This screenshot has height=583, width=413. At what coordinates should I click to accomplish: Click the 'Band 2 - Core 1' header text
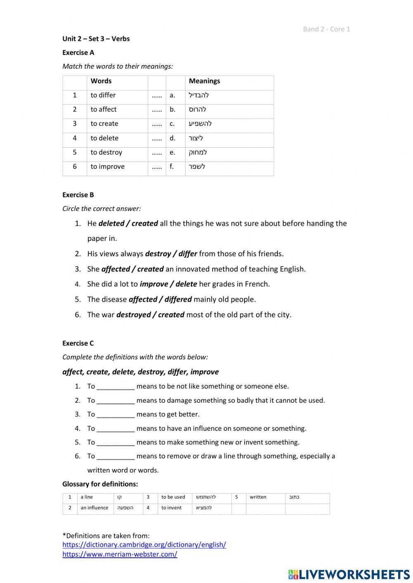[326, 29]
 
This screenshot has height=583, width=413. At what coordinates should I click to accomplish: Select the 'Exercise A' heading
[78, 52]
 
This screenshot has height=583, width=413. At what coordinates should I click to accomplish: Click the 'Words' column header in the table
[101, 81]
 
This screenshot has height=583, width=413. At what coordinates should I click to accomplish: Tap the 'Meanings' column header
[204, 81]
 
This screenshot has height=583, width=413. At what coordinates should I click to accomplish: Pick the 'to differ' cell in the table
[103, 95]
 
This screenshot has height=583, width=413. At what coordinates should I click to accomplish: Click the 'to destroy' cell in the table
[107, 153]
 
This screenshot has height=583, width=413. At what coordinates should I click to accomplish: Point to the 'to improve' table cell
[107, 167]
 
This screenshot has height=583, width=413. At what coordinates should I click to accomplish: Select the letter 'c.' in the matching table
[172, 124]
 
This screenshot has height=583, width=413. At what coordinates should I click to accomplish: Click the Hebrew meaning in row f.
[197, 167]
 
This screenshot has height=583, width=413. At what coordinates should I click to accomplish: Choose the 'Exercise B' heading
[78, 195]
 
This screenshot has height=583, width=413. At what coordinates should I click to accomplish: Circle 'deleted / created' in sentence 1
[128, 224]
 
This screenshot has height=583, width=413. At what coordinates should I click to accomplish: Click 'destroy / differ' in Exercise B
[171, 254]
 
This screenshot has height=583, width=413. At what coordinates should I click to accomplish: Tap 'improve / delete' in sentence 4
[168, 284]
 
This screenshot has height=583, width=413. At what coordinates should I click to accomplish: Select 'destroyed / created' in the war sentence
[150, 315]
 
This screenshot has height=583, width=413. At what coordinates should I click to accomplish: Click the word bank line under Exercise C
[140, 372]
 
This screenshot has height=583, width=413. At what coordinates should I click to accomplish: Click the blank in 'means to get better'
[116, 415]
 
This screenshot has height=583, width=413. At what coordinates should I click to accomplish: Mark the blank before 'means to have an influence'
[116, 429]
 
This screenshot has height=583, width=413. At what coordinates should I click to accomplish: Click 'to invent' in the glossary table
[171, 508]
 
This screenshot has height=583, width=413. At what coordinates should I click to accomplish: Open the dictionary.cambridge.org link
[144, 545]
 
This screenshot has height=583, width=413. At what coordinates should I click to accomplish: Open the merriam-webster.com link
[120, 555]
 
